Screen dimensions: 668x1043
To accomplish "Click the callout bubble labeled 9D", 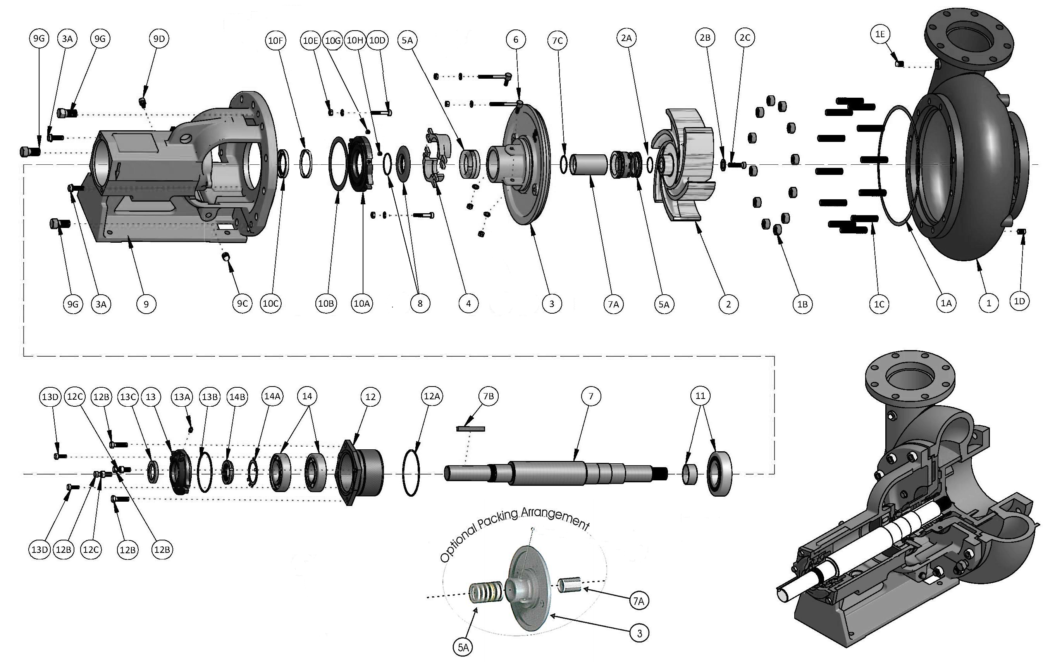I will pyautogui.click(x=159, y=39).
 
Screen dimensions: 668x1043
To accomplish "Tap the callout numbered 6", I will pyautogui.click(x=515, y=40).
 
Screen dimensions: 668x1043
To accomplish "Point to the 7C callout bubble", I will pyautogui.click(x=558, y=41).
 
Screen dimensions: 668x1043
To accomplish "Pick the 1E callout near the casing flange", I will pyautogui.click(x=879, y=34).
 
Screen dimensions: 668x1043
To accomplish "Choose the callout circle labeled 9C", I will pyautogui.click(x=242, y=304).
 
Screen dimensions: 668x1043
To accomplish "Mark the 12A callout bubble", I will pyautogui.click(x=432, y=396).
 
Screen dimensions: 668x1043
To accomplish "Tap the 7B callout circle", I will pyautogui.click(x=488, y=396).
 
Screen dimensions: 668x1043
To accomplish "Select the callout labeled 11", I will pyautogui.click(x=700, y=395).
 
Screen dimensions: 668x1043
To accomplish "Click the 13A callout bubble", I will pyautogui.click(x=182, y=397).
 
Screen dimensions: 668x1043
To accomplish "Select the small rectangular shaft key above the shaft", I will pyautogui.click(x=470, y=429).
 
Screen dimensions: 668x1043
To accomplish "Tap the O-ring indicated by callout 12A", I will pyautogui.click(x=411, y=472).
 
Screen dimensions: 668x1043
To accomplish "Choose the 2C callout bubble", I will pyautogui.click(x=745, y=38).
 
